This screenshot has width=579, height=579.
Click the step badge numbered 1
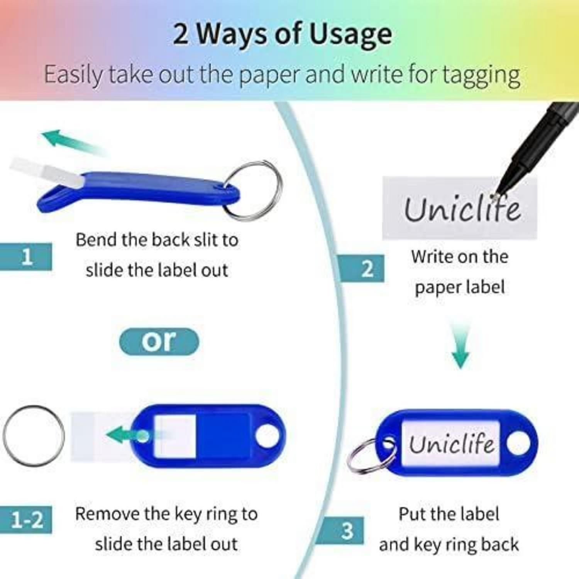pos(26,256)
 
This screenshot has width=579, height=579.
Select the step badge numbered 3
pos(342,530)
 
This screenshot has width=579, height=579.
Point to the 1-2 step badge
pos(26,520)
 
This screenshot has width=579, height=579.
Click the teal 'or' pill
pos(159,342)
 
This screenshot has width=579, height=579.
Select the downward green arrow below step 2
pos(460,345)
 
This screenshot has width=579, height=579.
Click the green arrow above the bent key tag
pos(73,143)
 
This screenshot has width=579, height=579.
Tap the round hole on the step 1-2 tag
pos(267,436)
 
